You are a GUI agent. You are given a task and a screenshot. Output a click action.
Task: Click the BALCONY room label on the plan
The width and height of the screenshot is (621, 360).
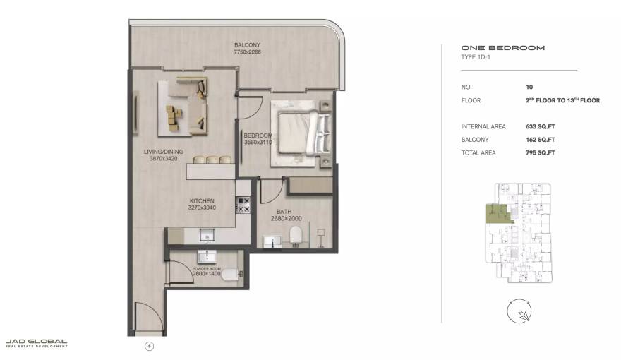246,44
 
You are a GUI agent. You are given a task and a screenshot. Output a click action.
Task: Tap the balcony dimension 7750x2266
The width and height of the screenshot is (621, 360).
246,51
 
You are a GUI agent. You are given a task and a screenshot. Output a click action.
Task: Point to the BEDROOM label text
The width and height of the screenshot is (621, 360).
258,135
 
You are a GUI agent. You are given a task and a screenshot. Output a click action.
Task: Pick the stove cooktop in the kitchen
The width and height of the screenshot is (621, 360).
243,205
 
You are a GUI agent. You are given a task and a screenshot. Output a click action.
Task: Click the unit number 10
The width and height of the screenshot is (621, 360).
529,87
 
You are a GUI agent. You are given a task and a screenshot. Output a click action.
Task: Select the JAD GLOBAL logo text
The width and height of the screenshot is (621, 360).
36,342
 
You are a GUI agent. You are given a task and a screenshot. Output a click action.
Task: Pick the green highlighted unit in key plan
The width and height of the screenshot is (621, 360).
495,213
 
